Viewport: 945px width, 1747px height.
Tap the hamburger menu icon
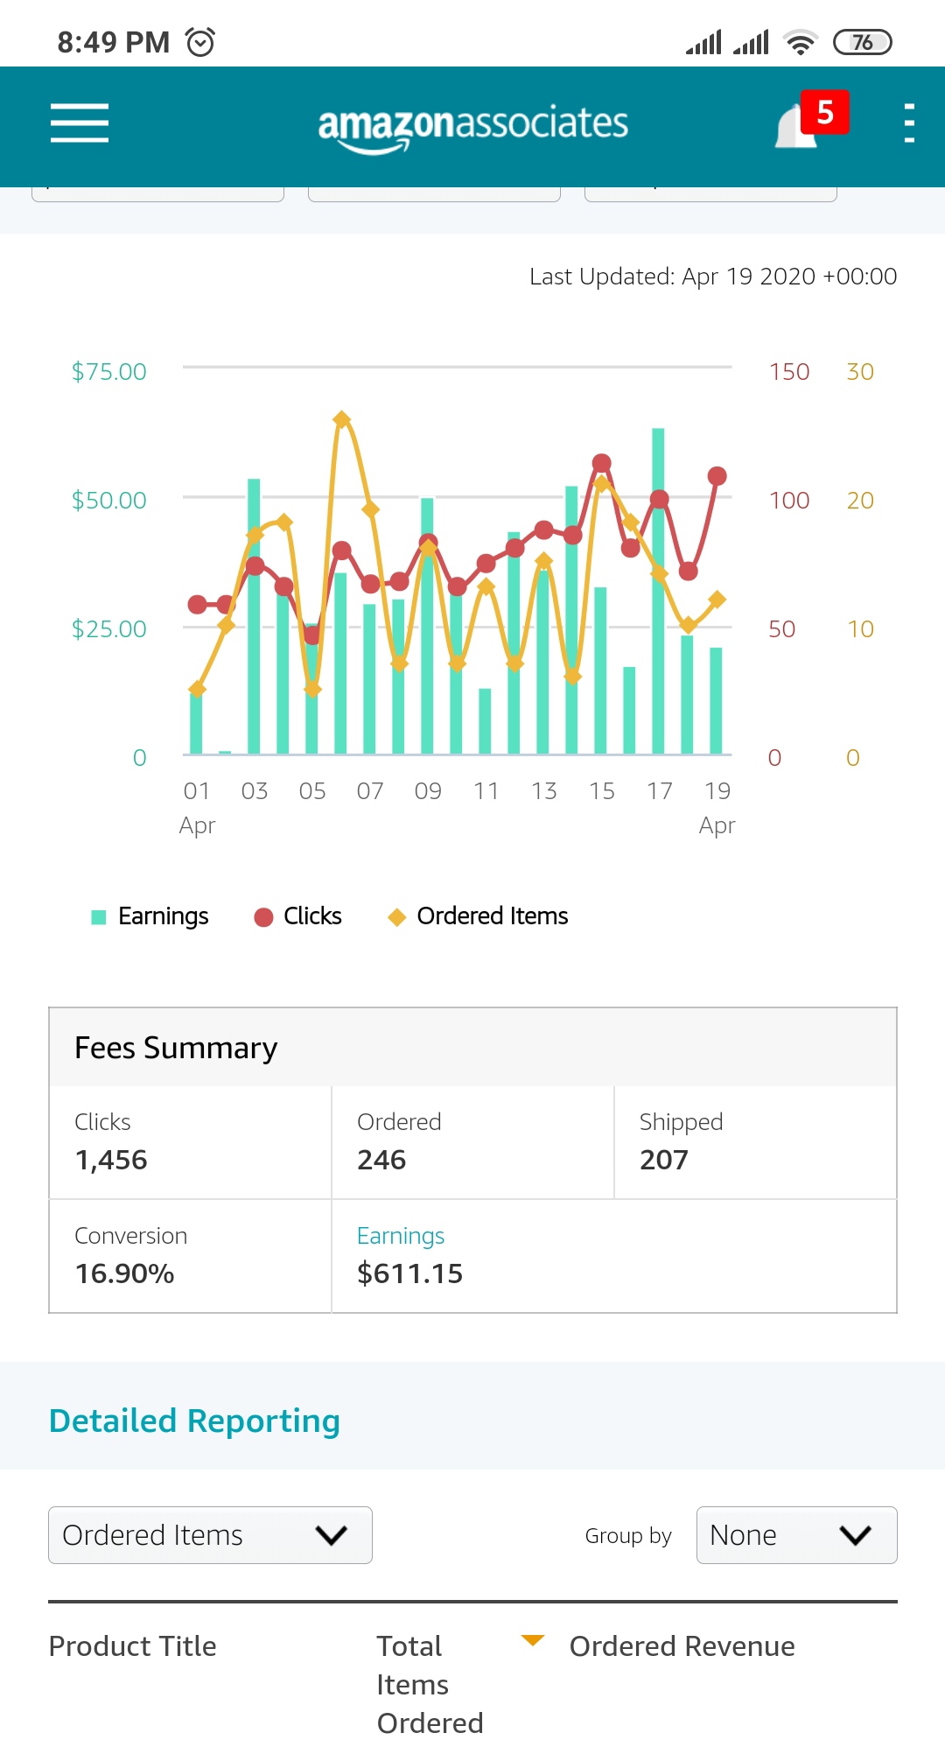(80, 123)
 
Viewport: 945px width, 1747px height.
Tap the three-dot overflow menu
(909, 123)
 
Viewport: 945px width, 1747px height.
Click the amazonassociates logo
(472, 124)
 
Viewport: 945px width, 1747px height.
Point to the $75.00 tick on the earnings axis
(109, 372)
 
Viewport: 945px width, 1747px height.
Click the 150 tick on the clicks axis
(788, 372)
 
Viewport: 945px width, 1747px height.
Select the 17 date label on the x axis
(659, 791)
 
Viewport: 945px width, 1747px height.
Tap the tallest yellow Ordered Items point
(342, 420)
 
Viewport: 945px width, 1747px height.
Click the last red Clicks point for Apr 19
(717, 476)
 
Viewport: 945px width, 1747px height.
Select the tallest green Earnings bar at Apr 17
(658, 591)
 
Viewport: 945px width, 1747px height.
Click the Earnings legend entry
(150, 916)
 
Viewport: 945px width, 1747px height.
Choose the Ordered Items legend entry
(479, 916)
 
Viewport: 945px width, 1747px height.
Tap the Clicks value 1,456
(111, 1160)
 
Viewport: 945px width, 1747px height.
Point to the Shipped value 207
(664, 1160)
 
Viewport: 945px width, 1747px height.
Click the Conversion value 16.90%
(125, 1273)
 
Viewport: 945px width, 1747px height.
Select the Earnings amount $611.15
(409, 1273)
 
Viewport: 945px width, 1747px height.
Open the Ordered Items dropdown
(210, 1535)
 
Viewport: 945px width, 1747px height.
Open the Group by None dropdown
(796, 1535)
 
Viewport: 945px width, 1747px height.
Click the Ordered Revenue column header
(682, 1646)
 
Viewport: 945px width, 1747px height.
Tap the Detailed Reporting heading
(194, 1421)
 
